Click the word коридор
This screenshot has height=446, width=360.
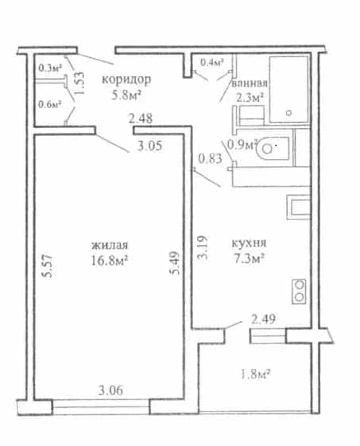click(126, 80)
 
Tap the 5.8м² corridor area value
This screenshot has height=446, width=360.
click(126, 95)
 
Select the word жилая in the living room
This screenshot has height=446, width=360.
click(110, 245)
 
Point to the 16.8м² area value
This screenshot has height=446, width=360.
click(109, 260)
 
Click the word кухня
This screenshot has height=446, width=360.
click(249, 243)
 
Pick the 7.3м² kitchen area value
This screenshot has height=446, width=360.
click(249, 258)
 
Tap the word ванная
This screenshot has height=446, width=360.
click(250, 83)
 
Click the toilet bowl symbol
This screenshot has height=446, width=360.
click(273, 148)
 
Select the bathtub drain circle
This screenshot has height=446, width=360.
click(289, 113)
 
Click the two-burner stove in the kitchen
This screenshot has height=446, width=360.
click(299, 291)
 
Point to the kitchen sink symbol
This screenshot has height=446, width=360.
click(298, 207)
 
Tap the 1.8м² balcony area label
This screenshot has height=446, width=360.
click(255, 374)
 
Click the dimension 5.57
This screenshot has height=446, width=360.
click(48, 266)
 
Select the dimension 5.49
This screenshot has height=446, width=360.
click(174, 263)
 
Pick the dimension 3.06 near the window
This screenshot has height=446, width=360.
click(111, 390)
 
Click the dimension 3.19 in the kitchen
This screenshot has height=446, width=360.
click(203, 248)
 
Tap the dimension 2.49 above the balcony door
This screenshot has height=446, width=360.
click(263, 319)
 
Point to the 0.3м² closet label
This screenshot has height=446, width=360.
click(50, 68)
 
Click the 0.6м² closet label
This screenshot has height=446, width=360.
click(50, 104)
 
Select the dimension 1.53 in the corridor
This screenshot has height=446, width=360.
click(79, 83)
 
